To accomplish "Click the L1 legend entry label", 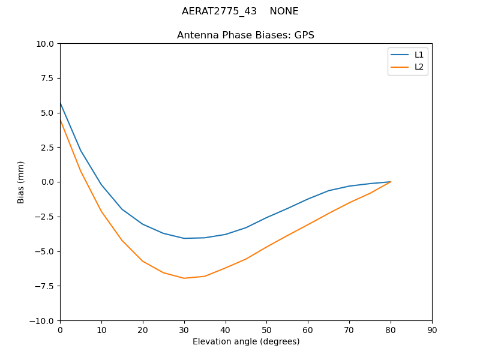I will (419, 55).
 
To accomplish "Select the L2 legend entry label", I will (419, 67).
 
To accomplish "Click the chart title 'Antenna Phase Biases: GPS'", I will (245, 35).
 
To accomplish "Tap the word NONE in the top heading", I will (284, 11).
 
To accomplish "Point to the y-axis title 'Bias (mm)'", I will (21, 182).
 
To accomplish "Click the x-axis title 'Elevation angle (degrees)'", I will (246, 341).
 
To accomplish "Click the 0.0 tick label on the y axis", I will (47, 182).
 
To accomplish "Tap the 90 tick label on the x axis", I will (432, 330).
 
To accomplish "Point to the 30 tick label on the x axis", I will (184, 330).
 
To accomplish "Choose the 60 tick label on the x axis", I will (308, 330).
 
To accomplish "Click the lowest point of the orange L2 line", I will (184, 278).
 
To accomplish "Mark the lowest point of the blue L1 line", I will (184, 238).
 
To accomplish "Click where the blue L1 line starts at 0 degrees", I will (60, 103).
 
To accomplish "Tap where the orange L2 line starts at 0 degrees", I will (60, 120).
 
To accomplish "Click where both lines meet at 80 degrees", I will (391, 182).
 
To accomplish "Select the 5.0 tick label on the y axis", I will (47, 113).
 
